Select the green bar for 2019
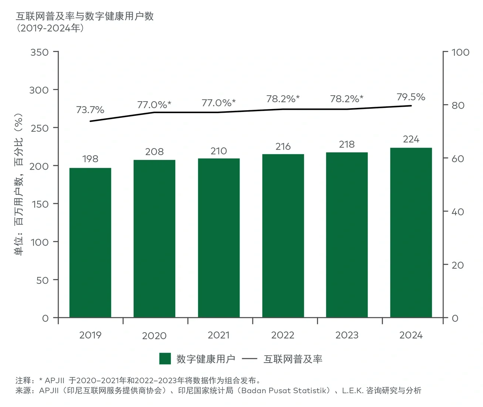click(90, 243)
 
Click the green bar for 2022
click(283, 236)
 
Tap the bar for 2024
click(411, 233)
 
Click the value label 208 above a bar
click(154, 152)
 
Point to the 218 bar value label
click(347, 144)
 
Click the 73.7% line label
click(90, 110)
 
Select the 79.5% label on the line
click(411, 97)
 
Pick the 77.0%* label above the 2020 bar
click(154, 105)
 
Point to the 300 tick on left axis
click(39, 90)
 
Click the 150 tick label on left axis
click(40, 204)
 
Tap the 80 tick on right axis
click(458, 105)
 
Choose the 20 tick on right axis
click(458, 265)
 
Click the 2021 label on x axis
click(218, 335)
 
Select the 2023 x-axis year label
click(347, 335)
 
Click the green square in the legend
click(165, 359)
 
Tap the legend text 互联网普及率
click(293, 359)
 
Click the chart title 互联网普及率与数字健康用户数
click(85, 16)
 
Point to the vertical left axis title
click(19, 185)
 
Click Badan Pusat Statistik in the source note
click(285, 391)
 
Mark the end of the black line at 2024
click(411, 106)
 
